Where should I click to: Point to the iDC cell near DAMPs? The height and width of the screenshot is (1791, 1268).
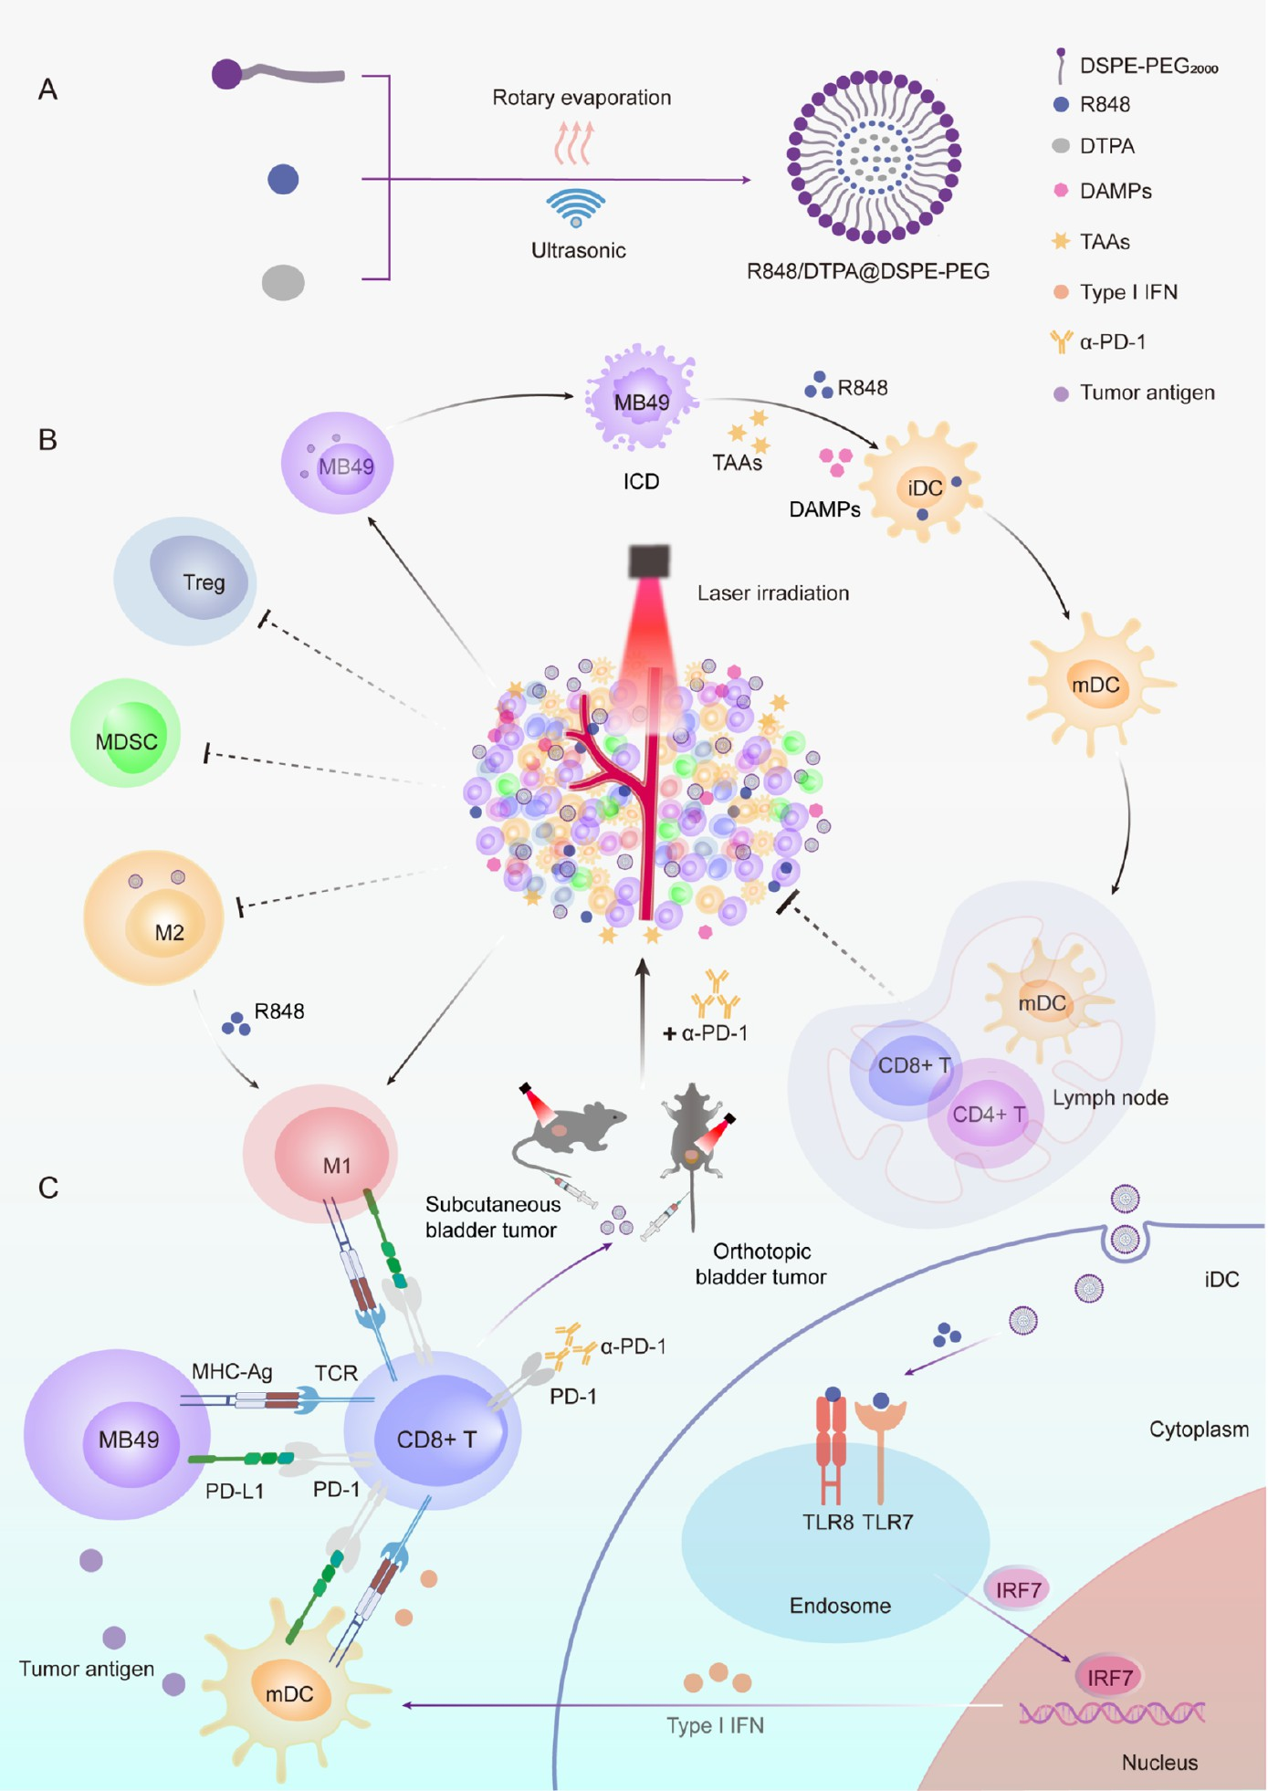tap(924, 484)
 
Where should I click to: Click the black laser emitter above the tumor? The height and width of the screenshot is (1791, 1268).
tap(649, 560)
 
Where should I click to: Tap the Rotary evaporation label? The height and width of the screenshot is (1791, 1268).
tap(582, 98)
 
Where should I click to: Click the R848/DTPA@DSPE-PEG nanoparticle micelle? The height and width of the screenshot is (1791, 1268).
tap(874, 157)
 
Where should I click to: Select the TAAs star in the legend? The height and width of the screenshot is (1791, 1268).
tap(1061, 241)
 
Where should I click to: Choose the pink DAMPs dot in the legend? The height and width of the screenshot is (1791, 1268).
tap(1061, 190)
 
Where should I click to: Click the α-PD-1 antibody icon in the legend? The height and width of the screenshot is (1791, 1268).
tap(1061, 341)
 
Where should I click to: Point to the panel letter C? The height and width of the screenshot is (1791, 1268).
tap(48, 1188)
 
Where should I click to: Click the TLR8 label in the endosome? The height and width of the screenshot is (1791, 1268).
tap(828, 1522)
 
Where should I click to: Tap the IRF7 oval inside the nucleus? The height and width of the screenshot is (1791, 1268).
tap(1109, 1677)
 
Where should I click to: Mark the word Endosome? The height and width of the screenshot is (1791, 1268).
tap(840, 1606)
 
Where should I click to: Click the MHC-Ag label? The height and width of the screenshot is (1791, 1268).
tap(232, 1371)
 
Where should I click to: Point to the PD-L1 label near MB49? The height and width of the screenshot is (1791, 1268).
tap(235, 1491)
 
